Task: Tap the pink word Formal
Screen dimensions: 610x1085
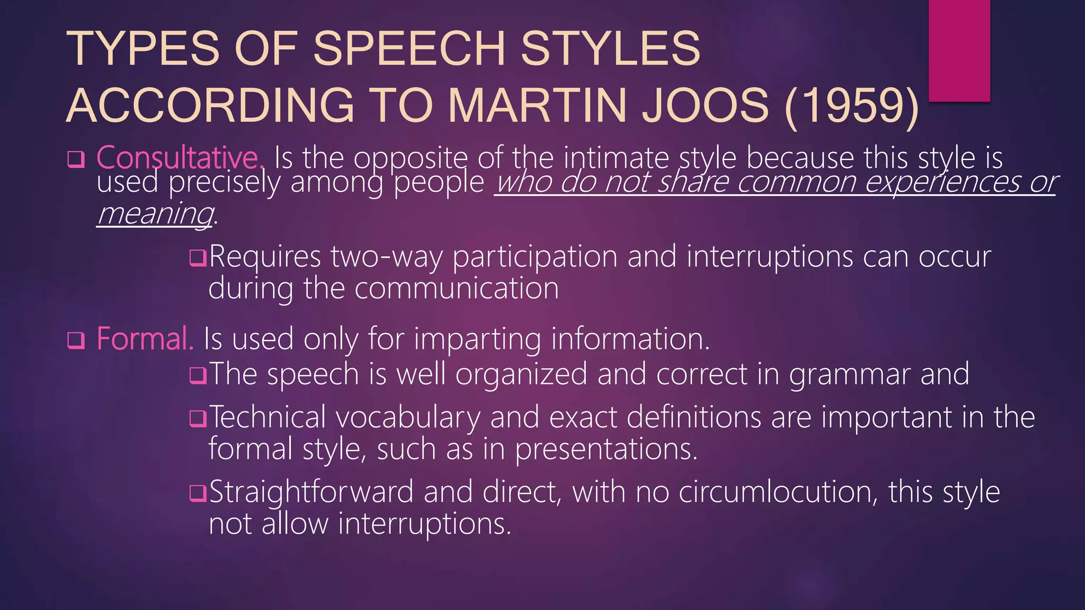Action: (145, 339)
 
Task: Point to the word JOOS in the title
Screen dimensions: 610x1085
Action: (705, 105)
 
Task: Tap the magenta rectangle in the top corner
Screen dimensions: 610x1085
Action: (959, 50)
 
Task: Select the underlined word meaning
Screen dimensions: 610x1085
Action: (155, 214)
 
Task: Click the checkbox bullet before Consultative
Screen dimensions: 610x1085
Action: (76, 159)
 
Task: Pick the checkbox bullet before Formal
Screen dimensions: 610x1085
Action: (76, 340)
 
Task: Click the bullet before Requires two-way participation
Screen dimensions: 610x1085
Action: (198, 258)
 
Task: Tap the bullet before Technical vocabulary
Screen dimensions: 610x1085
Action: (198, 419)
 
